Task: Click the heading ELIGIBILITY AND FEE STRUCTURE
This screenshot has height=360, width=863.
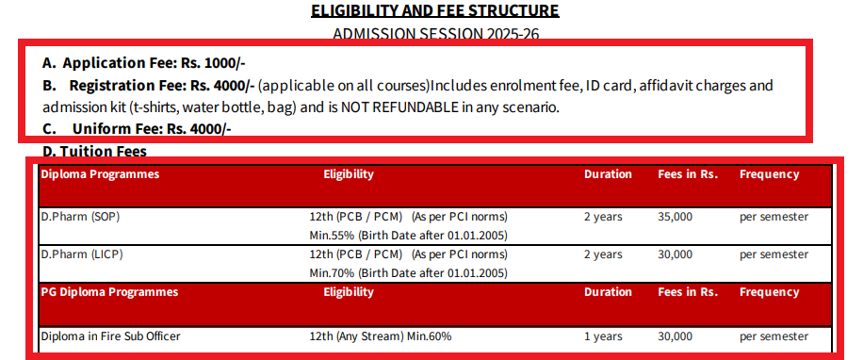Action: [434, 11]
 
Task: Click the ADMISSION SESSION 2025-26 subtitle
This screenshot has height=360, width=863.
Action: [434, 35]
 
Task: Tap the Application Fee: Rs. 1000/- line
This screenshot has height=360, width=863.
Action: [144, 63]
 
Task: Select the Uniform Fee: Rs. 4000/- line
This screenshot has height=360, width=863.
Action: [137, 129]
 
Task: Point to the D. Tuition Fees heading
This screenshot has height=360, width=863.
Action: [94, 152]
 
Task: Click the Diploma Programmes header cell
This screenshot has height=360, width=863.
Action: [100, 174]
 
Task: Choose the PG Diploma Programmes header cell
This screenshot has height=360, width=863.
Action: [109, 292]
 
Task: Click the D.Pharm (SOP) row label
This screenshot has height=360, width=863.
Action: [80, 217]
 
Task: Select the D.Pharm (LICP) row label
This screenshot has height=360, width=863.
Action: [82, 254]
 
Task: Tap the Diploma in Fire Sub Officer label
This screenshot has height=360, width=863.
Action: [110, 335]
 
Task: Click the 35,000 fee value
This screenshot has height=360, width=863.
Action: [675, 217]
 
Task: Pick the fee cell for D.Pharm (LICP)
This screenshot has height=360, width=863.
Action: [675, 254]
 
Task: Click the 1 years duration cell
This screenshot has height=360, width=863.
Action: [603, 335]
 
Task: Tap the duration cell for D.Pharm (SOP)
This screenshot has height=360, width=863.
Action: [603, 217]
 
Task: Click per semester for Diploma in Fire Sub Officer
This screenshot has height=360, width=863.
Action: [773, 335]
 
